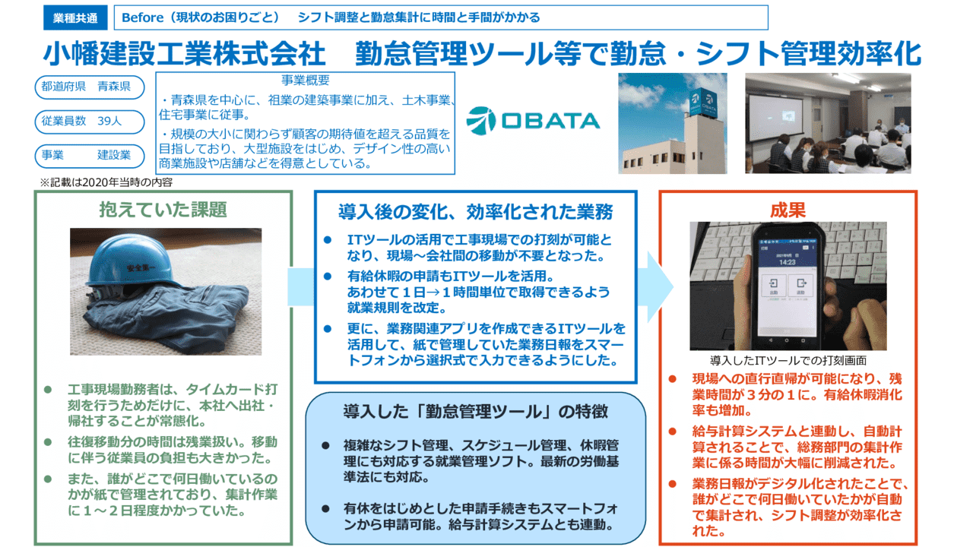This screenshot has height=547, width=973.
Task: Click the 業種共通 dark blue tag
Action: click(x=75, y=17)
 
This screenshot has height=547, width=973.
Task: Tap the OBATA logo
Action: click(x=533, y=119)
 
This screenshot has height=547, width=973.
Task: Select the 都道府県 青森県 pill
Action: click(x=89, y=87)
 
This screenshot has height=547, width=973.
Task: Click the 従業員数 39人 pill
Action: click(x=89, y=121)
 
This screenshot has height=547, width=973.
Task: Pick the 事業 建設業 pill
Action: click(x=89, y=155)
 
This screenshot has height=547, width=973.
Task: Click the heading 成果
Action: click(x=788, y=209)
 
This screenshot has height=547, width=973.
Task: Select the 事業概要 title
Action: click(x=305, y=80)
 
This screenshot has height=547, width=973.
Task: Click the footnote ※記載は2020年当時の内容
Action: click(x=111, y=182)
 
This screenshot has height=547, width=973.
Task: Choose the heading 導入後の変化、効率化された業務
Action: click(x=476, y=210)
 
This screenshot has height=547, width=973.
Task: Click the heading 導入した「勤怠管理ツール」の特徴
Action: click(x=474, y=412)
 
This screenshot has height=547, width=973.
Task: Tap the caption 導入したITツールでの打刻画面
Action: click(x=788, y=360)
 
